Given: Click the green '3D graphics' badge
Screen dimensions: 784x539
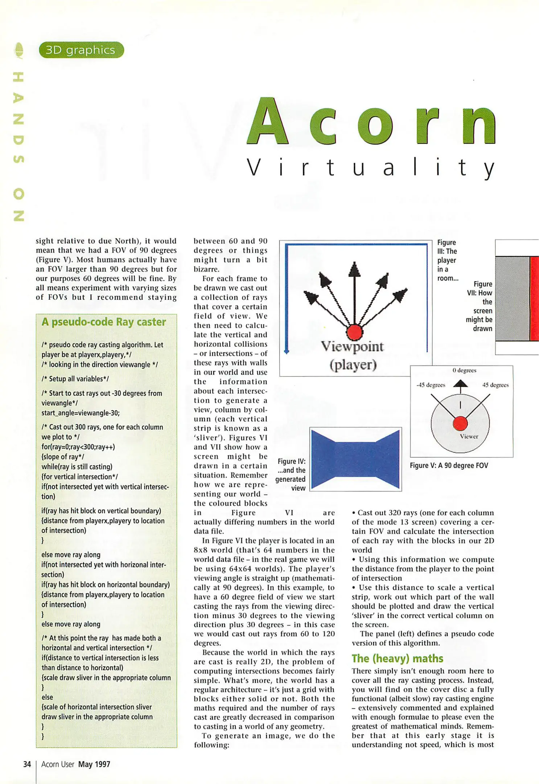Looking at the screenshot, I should [x=81, y=50].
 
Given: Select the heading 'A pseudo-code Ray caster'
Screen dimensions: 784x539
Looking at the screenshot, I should [x=104, y=322].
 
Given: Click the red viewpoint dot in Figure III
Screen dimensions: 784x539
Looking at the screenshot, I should [x=354, y=332].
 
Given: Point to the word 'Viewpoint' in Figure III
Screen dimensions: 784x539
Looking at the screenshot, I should [x=352, y=347].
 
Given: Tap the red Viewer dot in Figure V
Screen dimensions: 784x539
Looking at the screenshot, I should [x=460, y=423].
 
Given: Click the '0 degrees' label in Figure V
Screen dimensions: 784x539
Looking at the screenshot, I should [x=464, y=370].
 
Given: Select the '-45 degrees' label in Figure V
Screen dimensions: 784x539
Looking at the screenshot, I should [x=431, y=385].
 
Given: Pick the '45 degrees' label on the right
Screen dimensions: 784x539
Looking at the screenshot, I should [x=495, y=385].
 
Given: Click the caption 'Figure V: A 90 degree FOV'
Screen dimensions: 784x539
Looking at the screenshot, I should [x=449, y=465].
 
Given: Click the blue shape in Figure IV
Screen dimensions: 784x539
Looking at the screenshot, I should [x=355, y=459].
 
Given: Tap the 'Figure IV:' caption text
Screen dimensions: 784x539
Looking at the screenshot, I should [x=292, y=461].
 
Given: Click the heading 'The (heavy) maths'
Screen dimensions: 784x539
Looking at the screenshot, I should [x=397, y=658].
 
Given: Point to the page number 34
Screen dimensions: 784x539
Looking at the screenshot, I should [x=27, y=764].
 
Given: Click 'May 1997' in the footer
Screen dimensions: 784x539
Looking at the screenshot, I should [x=94, y=764].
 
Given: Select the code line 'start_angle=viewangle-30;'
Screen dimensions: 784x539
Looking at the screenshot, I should [x=81, y=413].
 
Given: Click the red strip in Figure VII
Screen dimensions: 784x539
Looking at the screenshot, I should [x=534, y=298].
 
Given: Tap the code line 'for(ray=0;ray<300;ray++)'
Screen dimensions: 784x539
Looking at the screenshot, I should [x=78, y=447].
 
